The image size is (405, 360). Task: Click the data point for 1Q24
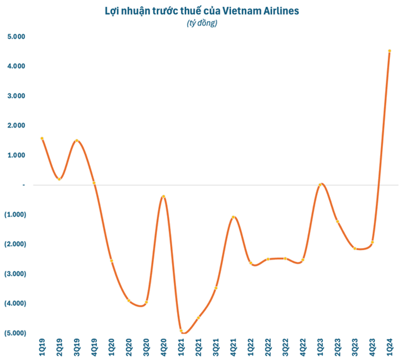(389, 51)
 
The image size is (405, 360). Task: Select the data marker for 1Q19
(42, 138)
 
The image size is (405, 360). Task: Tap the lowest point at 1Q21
(181, 331)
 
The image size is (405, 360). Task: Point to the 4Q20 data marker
(164, 197)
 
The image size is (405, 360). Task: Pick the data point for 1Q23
(320, 185)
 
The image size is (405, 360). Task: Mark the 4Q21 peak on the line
(233, 217)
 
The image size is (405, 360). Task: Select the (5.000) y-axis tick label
(14, 333)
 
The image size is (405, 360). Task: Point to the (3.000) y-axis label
(14, 274)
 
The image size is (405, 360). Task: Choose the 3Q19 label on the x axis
(77, 347)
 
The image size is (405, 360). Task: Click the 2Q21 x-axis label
(198, 347)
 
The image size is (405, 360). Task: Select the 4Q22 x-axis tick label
(302, 347)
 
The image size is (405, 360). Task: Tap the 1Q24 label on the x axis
(389, 347)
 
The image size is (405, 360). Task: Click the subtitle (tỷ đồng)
(202, 23)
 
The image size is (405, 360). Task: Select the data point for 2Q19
(59, 179)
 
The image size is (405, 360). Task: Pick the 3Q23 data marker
(355, 248)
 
